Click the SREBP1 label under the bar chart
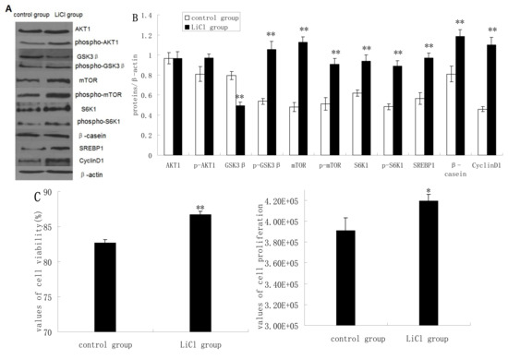(x=424, y=164)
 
